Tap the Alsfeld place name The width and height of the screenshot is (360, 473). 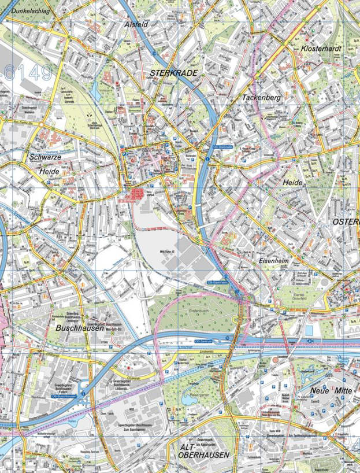point(136,25)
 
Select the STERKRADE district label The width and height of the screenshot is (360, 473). point(174,73)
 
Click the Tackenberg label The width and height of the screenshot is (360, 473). point(261,98)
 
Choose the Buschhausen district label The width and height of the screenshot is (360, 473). point(80,328)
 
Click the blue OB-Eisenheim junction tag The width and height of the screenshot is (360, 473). point(216,282)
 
